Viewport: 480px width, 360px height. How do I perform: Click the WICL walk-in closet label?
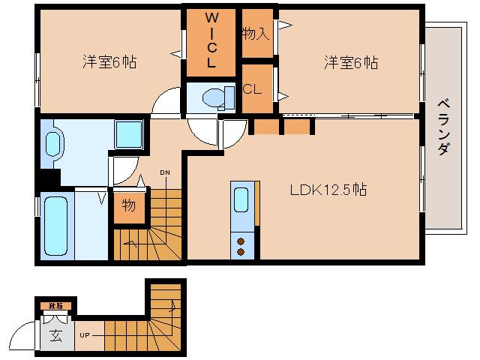click(x=211, y=40)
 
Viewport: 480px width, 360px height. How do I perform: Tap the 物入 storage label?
click(x=256, y=33)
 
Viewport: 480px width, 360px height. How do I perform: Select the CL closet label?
click(x=253, y=88)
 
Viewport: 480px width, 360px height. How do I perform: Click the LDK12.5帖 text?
click(x=328, y=190)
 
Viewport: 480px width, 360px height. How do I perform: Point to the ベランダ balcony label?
click(x=443, y=126)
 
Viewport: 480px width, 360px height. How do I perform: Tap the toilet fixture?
click(x=213, y=97)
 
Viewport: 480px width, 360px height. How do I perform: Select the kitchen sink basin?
click(x=241, y=200)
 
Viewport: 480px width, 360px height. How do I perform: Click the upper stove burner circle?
click(x=241, y=241)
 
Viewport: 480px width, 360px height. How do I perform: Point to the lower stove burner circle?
click(x=241, y=252)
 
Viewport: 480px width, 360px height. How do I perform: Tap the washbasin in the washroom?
click(x=52, y=144)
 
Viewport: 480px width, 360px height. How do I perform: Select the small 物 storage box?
click(x=128, y=205)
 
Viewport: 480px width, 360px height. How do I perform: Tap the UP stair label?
click(x=85, y=335)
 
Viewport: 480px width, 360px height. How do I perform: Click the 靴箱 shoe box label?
click(x=55, y=306)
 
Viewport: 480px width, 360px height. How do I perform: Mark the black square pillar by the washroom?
click(x=49, y=179)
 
